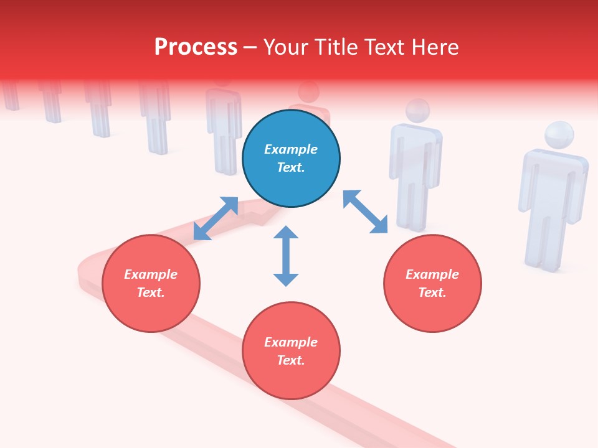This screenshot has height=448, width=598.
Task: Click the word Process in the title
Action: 196,47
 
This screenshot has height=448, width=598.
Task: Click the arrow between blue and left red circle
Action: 216,218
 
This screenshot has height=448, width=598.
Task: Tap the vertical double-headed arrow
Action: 286,256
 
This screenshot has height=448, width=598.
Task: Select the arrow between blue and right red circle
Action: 366,212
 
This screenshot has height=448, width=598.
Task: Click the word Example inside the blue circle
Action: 291,149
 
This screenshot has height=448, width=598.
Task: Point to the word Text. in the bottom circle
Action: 291,360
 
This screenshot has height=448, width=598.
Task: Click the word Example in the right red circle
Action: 432,274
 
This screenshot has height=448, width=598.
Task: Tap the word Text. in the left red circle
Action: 151,292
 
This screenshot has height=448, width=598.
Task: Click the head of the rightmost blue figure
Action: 559,135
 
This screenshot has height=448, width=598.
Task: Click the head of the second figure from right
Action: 417,111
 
